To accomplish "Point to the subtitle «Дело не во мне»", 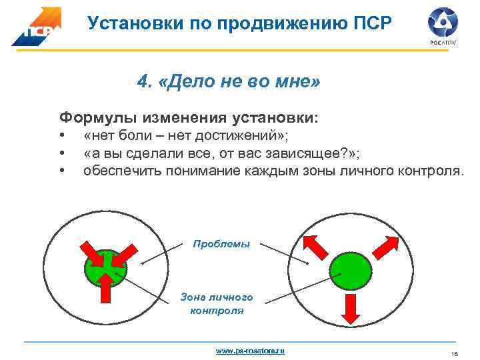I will click(229, 82).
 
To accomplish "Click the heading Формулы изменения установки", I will click(189, 118).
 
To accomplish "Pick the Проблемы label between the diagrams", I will click(221, 244).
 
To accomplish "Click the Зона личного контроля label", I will click(217, 303).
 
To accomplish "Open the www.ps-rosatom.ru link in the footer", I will click(250, 350).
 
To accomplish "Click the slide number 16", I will click(454, 353).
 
